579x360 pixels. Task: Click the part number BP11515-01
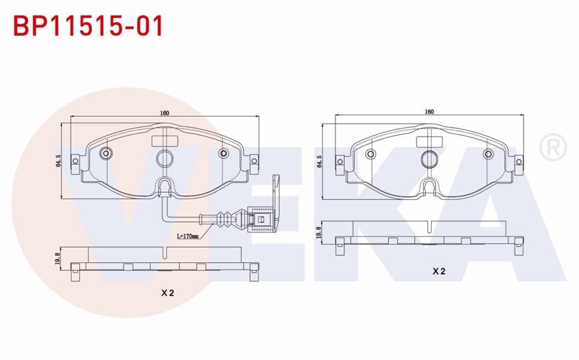[88, 26]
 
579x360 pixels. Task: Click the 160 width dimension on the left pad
[164, 113]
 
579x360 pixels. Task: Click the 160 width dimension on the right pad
[429, 112]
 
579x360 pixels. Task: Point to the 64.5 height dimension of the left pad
[58, 161]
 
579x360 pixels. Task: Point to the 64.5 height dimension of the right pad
[320, 161]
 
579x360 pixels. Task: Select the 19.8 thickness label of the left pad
[57, 259]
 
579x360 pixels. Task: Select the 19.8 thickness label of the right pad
[318, 233]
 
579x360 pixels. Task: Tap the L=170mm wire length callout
[188, 236]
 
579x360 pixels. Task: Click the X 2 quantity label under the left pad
[167, 293]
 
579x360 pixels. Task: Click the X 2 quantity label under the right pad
[439, 271]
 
